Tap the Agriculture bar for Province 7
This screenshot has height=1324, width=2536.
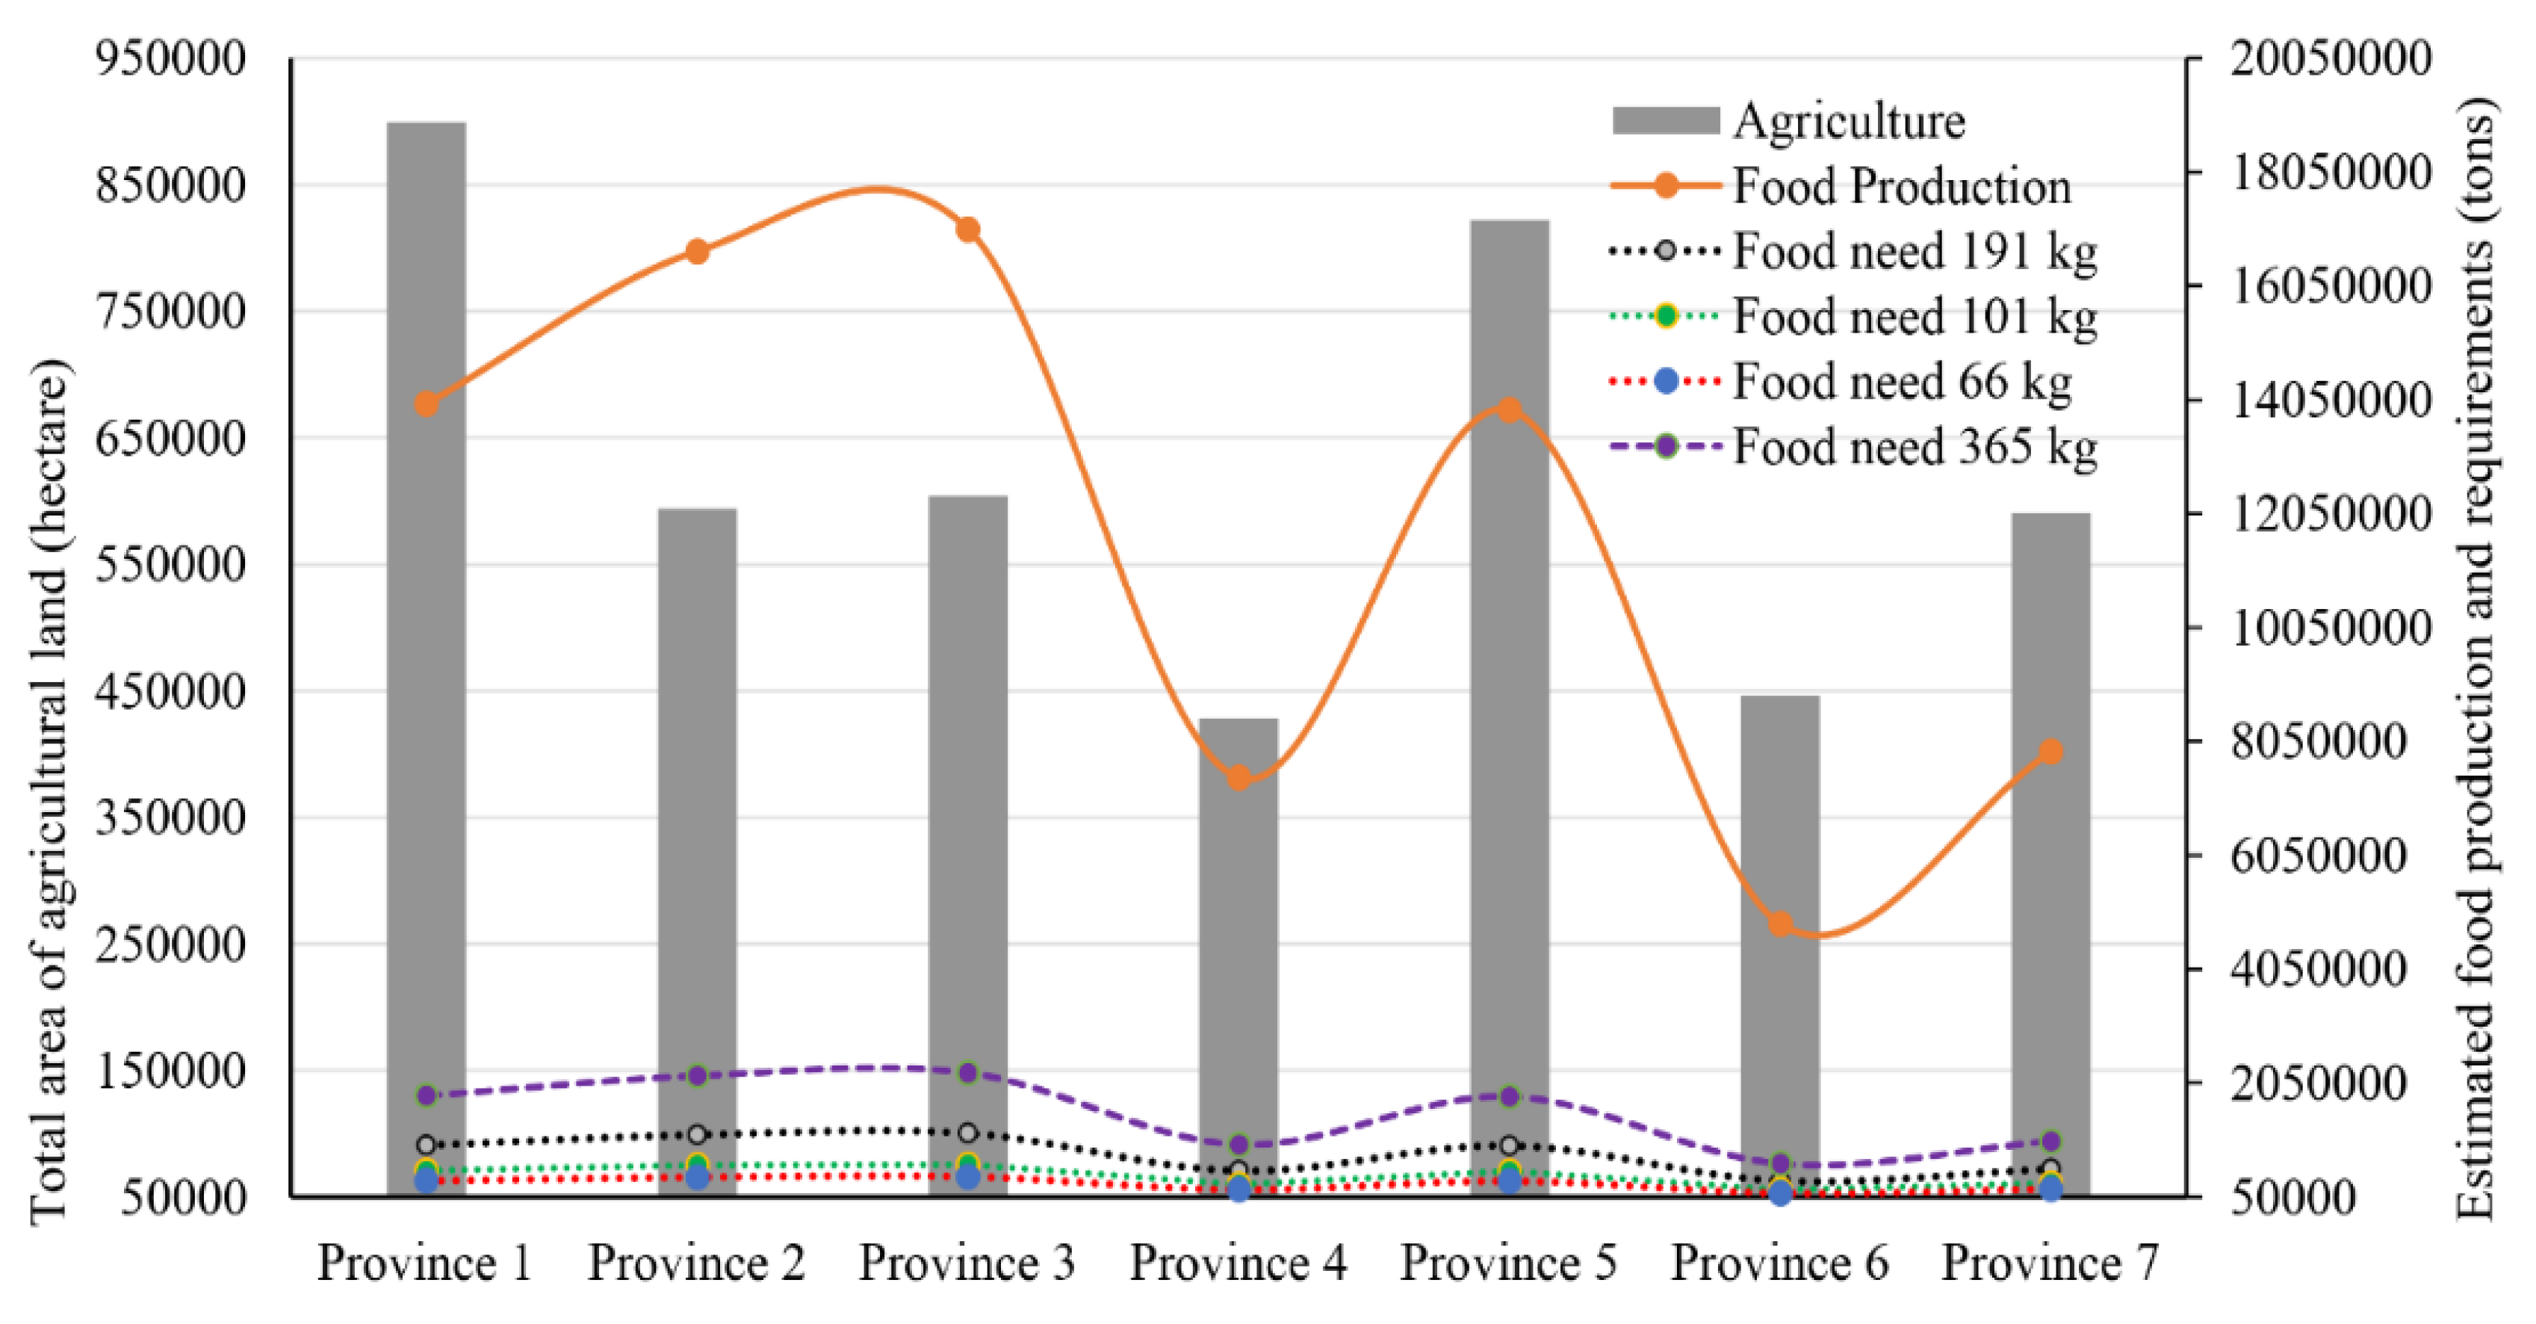click(x=2050, y=837)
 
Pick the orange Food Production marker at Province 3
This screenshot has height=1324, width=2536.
click(x=968, y=229)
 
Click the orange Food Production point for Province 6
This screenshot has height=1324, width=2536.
click(x=1780, y=924)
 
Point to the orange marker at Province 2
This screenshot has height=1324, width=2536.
click(x=697, y=251)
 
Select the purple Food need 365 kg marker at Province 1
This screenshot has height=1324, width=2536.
click(x=427, y=1095)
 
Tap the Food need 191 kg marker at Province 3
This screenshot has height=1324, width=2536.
click(x=968, y=1132)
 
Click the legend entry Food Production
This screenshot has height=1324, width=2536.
click(x=1900, y=185)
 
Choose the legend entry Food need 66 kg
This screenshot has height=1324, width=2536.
click(x=1900, y=381)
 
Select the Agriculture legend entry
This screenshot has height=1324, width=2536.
click(x=1848, y=120)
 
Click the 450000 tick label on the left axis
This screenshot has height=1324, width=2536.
click(x=170, y=690)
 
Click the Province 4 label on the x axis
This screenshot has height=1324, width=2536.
click(x=1238, y=1262)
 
